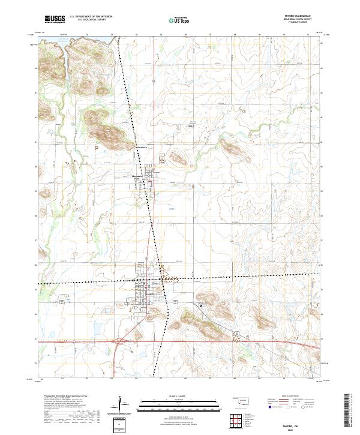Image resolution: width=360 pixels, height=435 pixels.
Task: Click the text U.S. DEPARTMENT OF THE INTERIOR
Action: [91, 17]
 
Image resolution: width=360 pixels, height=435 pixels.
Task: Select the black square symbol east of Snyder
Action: [200, 305]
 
